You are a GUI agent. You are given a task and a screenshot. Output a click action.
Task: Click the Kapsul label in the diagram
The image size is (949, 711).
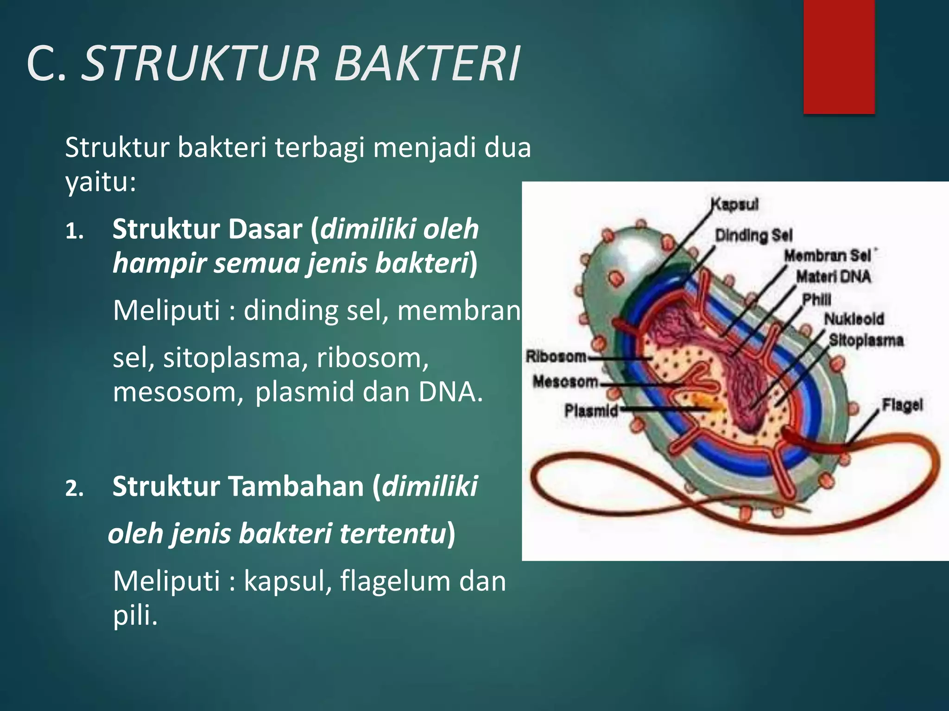coord(735,204)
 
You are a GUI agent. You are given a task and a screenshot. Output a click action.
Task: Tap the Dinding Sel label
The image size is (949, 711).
coord(754,235)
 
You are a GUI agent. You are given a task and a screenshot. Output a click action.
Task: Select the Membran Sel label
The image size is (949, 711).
coord(828,256)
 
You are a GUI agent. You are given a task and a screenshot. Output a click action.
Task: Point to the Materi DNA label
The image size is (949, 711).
coord(833,277)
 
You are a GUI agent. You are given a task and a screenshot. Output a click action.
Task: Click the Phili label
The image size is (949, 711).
coord(817,299)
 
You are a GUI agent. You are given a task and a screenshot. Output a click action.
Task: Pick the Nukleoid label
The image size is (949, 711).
coord(854,319)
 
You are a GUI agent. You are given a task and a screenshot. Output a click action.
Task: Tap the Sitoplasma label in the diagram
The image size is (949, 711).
coord(866,340)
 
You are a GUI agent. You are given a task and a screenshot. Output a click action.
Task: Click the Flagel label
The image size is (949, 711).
coord(902,405)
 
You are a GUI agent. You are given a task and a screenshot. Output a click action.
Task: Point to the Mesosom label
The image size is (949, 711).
coord(565,382)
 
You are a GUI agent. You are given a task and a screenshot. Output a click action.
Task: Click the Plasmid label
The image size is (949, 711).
coord(591,411)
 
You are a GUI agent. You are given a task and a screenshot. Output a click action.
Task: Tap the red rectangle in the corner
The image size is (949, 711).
coord(839,56)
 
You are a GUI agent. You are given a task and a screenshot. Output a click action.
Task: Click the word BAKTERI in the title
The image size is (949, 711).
coord(427,64)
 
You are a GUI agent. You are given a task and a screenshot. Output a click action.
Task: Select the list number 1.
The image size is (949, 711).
coord(74,231)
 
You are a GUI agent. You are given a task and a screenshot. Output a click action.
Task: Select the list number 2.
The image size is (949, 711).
coord(74,489)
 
